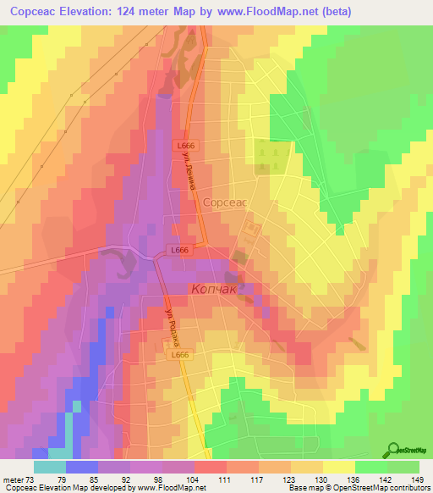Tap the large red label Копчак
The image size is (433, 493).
pyautogui.click(x=215, y=290)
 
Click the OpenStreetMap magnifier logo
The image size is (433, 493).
pyautogui.click(x=395, y=450)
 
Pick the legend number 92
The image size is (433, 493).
pyautogui.click(x=130, y=479)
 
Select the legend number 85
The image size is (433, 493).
pyautogui.click(x=98, y=479)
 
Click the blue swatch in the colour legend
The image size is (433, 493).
pyautogui.click(x=82, y=467)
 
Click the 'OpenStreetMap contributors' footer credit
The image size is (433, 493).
pyautogui.click(x=390, y=488)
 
